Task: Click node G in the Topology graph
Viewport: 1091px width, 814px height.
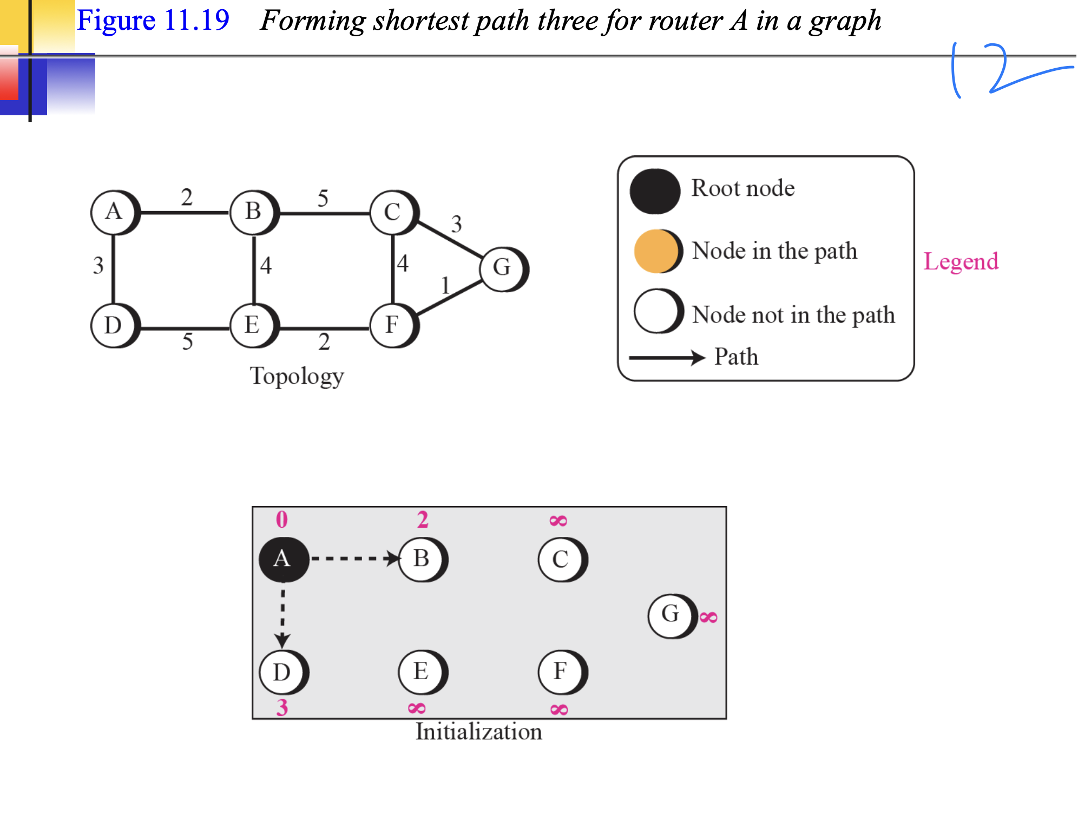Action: point(503,268)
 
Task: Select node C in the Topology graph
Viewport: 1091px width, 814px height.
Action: point(393,212)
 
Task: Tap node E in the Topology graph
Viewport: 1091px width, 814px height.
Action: point(253,325)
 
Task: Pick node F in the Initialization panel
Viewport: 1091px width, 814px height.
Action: point(561,672)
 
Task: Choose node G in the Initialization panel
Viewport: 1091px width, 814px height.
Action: point(671,615)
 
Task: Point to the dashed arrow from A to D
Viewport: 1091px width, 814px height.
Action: point(282,617)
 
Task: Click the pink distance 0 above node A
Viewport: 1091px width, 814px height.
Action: point(282,520)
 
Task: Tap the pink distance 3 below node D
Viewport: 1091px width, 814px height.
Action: point(282,707)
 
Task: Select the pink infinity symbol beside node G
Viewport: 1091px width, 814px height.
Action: point(708,617)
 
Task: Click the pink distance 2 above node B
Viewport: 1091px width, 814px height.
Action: point(423,520)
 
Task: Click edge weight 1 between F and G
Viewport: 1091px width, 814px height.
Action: point(445,285)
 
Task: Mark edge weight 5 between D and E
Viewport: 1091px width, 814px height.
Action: point(187,342)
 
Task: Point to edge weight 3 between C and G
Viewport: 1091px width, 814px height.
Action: point(457,224)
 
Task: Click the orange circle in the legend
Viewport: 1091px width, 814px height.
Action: point(656,251)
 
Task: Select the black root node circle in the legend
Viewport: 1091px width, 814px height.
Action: point(655,191)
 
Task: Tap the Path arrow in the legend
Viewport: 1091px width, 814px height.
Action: point(667,358)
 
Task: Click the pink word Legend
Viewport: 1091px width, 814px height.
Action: point(961,262)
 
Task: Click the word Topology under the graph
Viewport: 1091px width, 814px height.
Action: point(297,376)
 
